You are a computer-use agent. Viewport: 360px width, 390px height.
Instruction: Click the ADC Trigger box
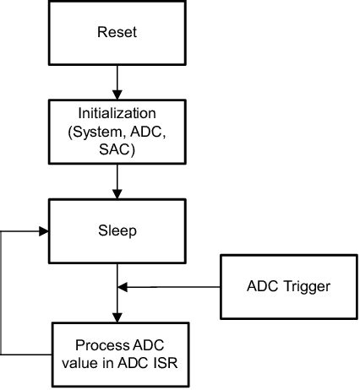click(x=287, y=286)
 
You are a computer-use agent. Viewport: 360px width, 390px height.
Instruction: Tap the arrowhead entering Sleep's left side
click(x=43, y=229)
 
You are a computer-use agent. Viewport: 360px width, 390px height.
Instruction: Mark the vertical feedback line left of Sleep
click(x=4, y=291)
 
